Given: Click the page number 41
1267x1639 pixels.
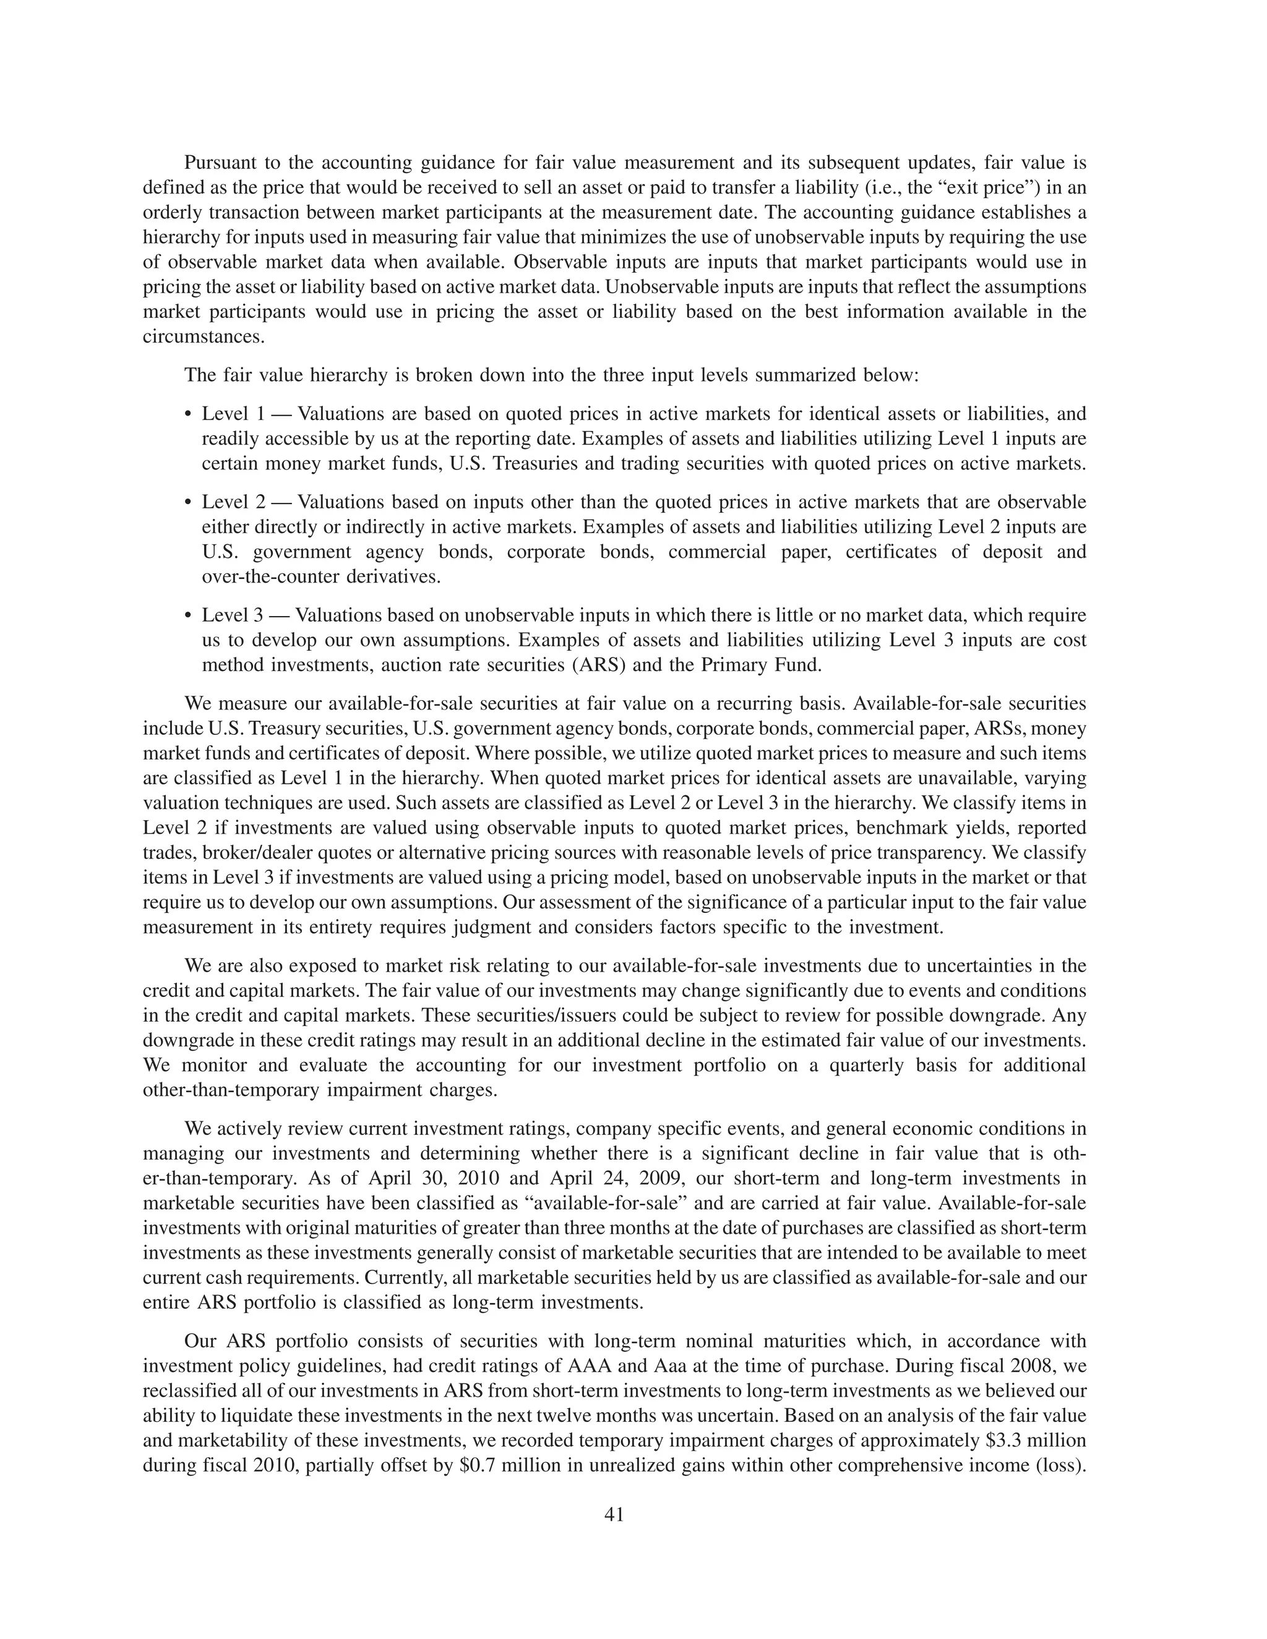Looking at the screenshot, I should point(614,1515).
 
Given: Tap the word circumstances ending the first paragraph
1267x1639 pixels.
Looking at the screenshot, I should point(204,336).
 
